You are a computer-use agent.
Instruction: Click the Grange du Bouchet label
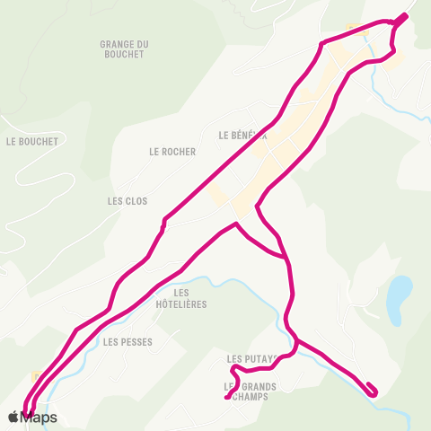(x=124, y=48)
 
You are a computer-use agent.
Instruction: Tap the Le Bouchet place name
(x=31, y=141)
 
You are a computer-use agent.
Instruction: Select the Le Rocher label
(x=172, y=152)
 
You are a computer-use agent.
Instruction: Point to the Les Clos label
(x=127, y=201)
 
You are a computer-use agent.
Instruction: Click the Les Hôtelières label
(x=181, y=298)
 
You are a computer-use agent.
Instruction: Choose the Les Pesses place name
(x=128, y=342)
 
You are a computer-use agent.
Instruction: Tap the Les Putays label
(x=247, y=358)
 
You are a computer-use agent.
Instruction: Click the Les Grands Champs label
(x=251, y=392)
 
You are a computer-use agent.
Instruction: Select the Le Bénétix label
(x=242, y=136)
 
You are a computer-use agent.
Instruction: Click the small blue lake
(x=399, y=295)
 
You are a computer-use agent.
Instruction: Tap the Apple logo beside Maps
(x=13, y=417)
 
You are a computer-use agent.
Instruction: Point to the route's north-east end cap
(x=403, y=16)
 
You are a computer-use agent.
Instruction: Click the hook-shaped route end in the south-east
(x=373, y=389)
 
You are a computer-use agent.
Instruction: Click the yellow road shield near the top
(x=352, y=27)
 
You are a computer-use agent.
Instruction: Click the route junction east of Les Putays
(x=297, y=341)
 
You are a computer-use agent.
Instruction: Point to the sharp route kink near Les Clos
(x=164, y=219)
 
